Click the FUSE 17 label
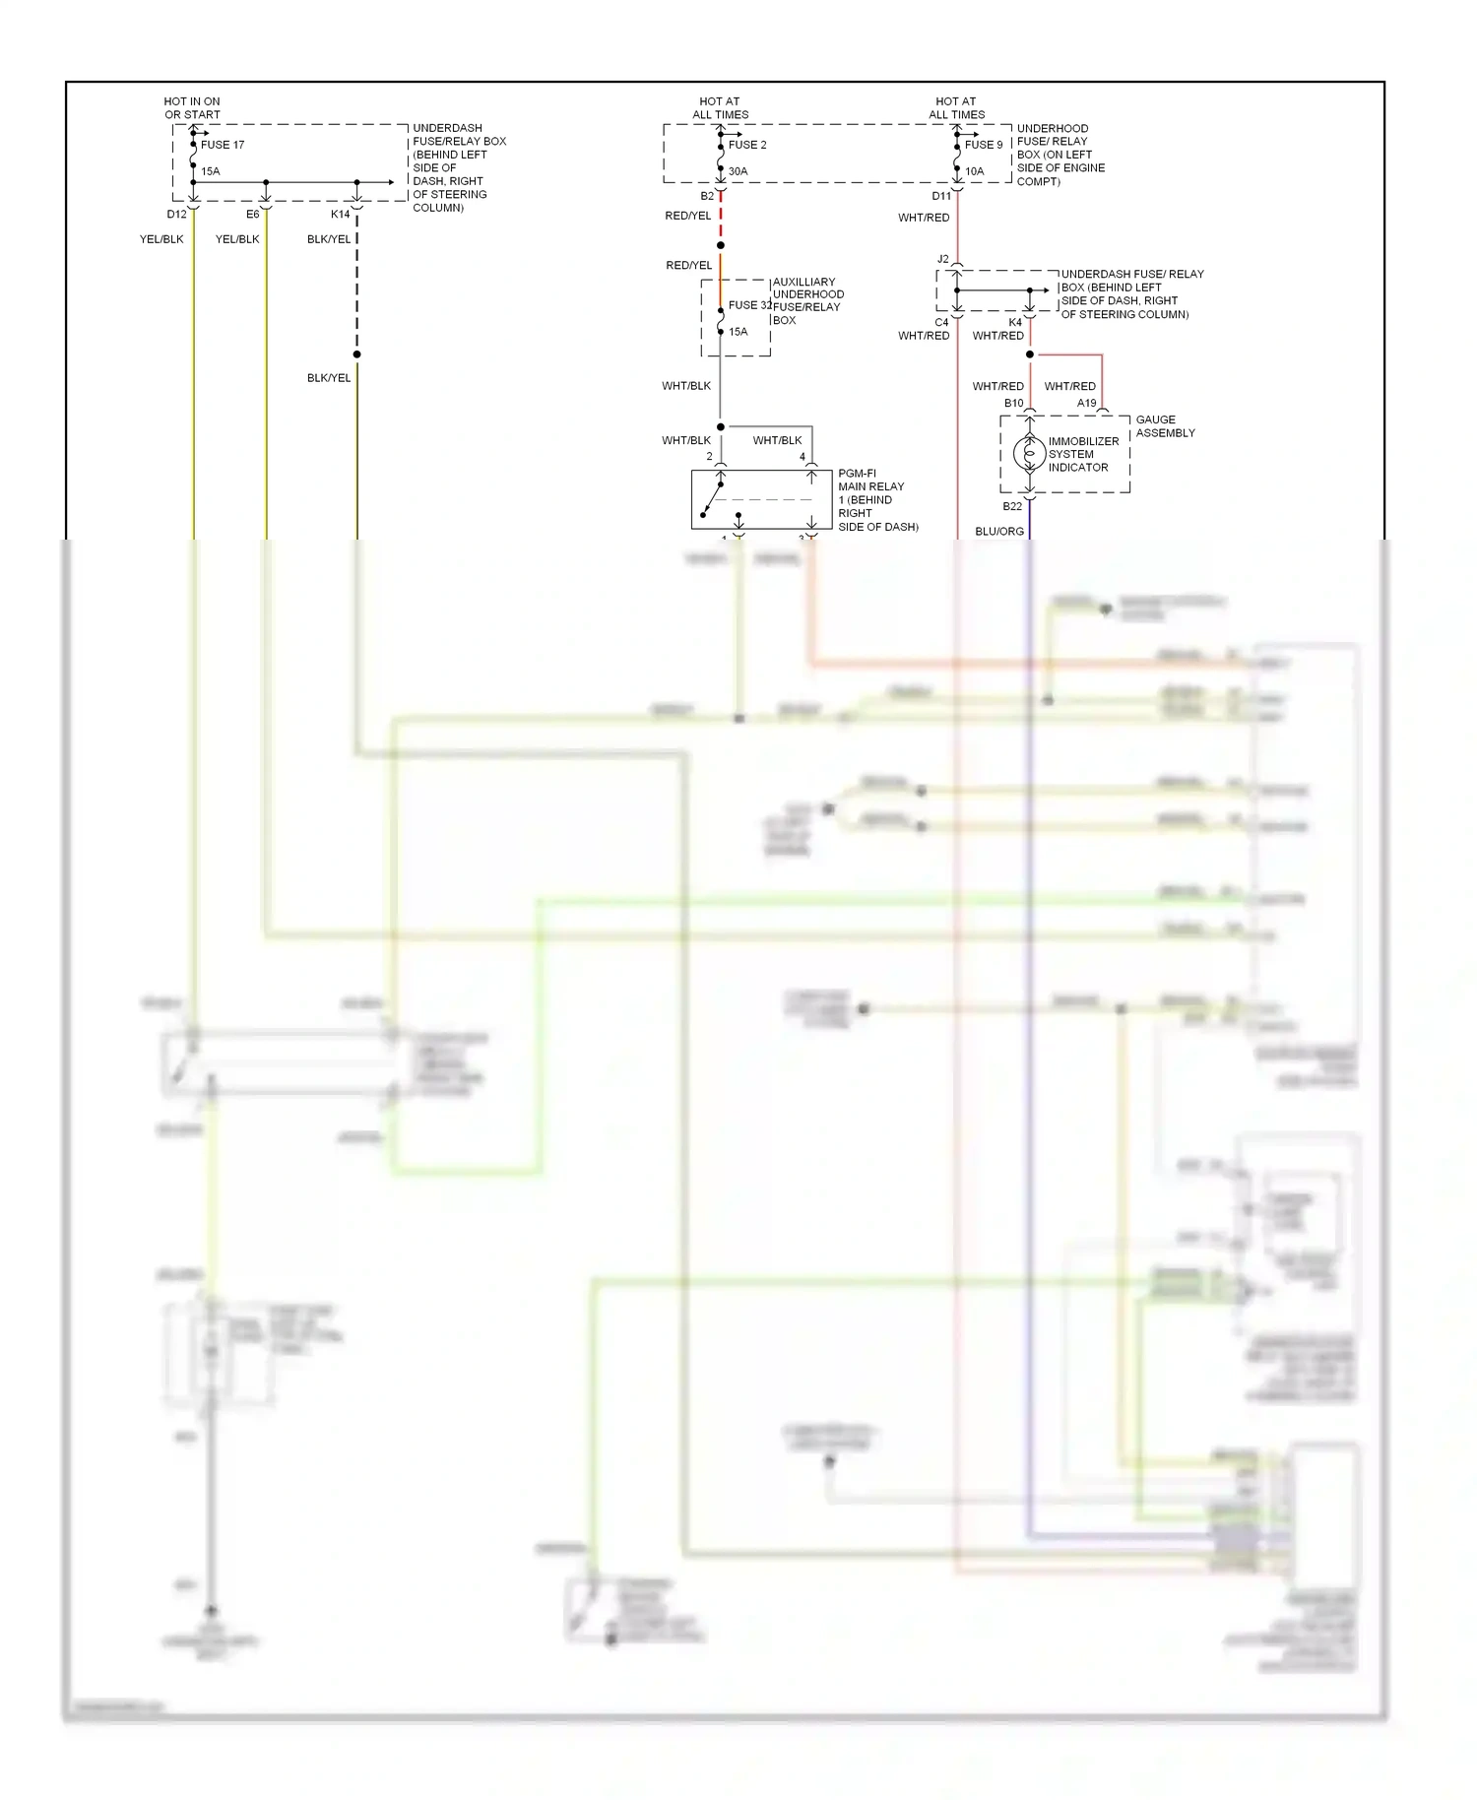tap(223, 145)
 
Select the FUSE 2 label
tap(747, 145)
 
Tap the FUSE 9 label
tap(984, 145)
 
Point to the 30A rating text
tap(738, 171)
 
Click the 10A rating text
tap(974, 171)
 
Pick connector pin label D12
tap(176, 214)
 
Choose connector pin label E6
tap(253, 214)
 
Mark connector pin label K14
tap(340, 214)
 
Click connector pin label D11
tap(941, 196)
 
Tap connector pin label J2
tap(942, 259)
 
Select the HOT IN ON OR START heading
tap(192, 108)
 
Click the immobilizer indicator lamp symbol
tap(1030, 453)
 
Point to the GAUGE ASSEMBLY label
tap(1165, 426)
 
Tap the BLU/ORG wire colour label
tap(999, 532)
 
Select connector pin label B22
tap(1012, 506)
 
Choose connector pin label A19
tap(1086, 403)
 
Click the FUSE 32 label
tap(749, 305)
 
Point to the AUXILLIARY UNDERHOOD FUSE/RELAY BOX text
tap(807, 300)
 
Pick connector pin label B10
tap(1013, 403)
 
